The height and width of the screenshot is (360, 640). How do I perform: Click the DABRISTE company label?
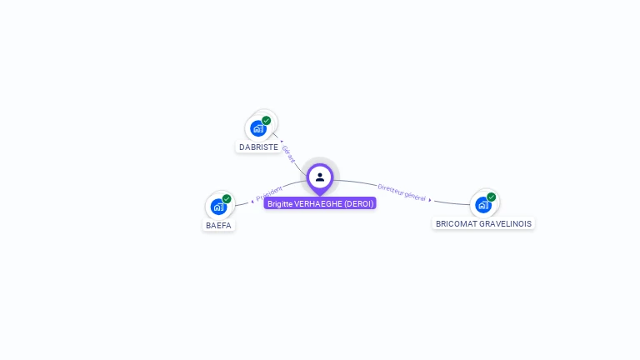tap(258, 147)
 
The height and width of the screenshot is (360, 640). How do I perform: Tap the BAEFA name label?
tap(219, 225)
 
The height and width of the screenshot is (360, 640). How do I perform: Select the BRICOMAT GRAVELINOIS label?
tap(483, 223)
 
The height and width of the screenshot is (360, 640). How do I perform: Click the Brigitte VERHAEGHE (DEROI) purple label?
tap(321, 203)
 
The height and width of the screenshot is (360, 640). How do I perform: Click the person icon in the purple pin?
tap(320, 177)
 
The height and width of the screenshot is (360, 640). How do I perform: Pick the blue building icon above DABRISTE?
tap(257, 128)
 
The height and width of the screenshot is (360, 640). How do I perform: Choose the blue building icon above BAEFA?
tap(218, 207)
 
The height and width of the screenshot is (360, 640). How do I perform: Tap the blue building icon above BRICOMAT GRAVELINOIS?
tap(482, 205)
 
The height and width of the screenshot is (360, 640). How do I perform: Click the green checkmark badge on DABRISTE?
tap(267, 120)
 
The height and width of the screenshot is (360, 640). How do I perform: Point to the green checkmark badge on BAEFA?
tap(227, 198)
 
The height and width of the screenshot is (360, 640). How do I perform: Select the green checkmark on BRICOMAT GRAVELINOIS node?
tap(492, 197)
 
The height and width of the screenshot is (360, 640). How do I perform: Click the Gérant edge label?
tap(289, 154)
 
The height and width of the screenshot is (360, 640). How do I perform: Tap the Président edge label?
tap(270, 193)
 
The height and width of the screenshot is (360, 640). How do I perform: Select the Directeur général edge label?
tap(402, 192)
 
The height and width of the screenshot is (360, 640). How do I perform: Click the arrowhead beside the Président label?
tap(252, 201)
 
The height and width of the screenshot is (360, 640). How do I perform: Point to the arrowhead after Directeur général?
tap(430, 200)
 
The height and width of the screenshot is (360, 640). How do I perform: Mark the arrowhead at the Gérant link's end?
tap(282, 142)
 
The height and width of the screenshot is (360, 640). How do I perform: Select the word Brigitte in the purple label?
tap(280, 203)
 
